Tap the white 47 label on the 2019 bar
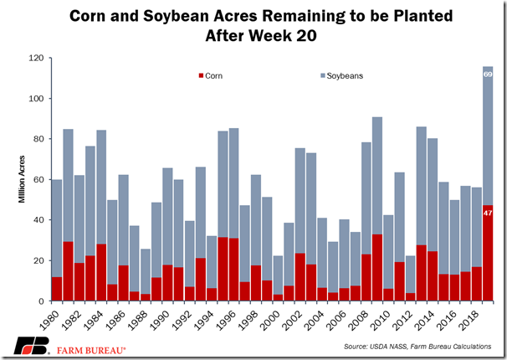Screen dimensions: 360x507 487,213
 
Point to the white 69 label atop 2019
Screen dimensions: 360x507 487,75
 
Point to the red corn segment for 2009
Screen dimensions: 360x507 377,268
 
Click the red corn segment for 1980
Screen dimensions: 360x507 57,289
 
